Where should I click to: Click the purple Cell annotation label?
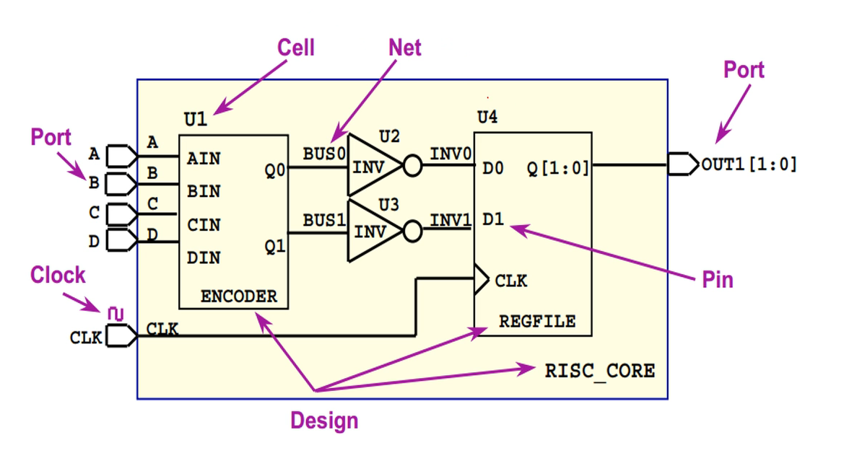[296, 48]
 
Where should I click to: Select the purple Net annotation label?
[405, 48]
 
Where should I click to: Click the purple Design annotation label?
[324, 420]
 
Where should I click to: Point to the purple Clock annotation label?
[58, 275]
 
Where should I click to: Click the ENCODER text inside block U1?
[238, 296]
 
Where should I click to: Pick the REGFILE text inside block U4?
[537, 321]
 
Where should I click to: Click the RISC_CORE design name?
[600, 371]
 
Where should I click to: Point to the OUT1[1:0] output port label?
[749, 164]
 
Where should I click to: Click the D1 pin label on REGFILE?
[493, 219]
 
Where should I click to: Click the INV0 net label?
[451, 154]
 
